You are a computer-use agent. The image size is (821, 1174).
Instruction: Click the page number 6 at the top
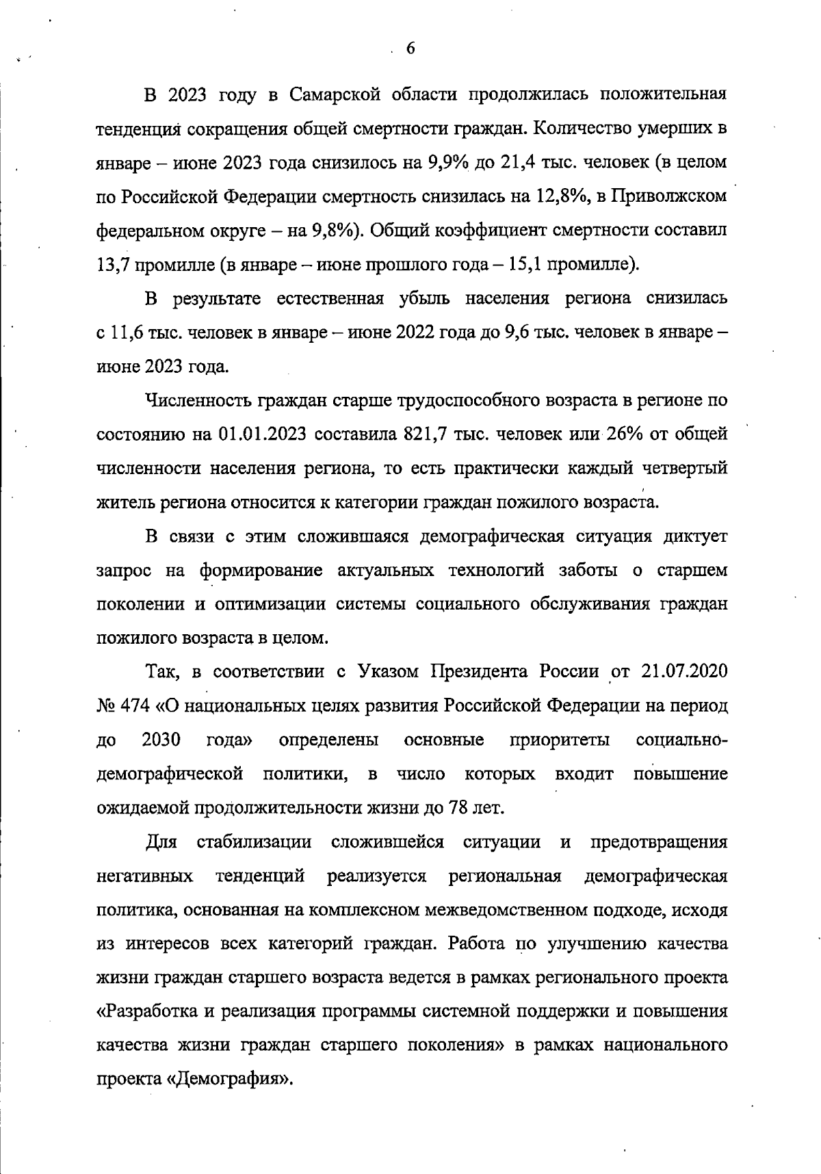point(410,48)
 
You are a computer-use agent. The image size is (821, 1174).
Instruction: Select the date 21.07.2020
point(685,672)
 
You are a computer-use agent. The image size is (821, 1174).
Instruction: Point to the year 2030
point(161,740)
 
